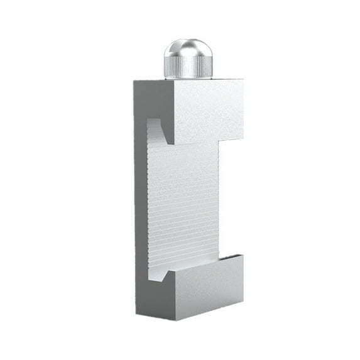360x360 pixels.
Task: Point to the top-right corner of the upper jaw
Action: click(x=243, y=80)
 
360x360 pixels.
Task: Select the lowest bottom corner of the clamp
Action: click(x=174, y=321)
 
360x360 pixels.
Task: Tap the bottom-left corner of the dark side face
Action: click(x=135, y=312)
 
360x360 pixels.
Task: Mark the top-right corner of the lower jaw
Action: click(x=243, y=254)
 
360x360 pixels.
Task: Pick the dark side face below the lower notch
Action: click(x=154, y=295)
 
